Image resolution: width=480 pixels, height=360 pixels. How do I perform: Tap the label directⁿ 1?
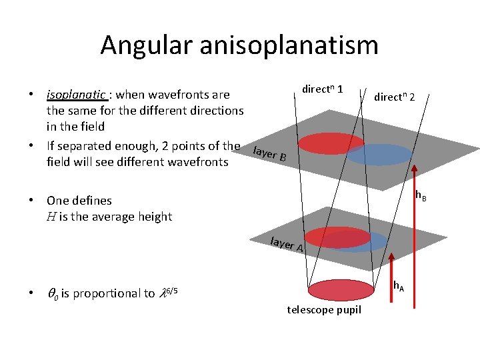click(323, 89)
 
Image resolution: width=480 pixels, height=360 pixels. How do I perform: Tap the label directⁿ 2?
click(394, 97)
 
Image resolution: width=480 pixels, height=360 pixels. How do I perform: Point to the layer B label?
click(271, 154)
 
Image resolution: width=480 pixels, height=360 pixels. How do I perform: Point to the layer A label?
click(287, 245)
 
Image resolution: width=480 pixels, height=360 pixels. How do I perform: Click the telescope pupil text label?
click(324, 310)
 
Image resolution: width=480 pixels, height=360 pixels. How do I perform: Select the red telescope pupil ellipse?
click(344, 289)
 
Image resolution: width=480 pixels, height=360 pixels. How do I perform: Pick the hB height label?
click(421, 196)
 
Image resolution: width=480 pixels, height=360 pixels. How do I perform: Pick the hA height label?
click(398, 286)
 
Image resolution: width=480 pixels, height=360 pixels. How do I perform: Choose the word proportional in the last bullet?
click(107, 293)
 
